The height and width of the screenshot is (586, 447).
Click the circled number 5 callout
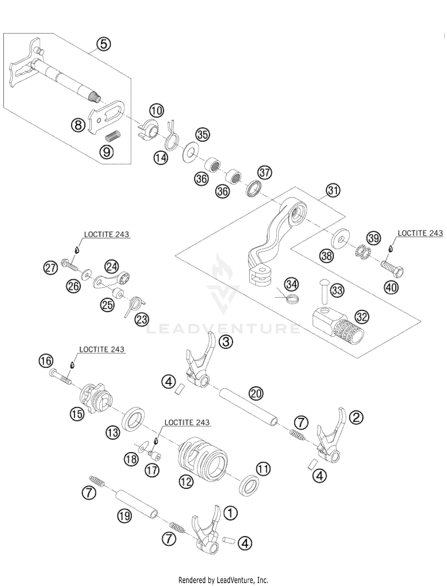tap(103, 44)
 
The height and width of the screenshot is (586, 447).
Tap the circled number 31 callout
tap(333, 190)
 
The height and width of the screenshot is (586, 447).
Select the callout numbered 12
tap(187, 481)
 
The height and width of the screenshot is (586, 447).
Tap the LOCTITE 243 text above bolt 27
tap(106, 235)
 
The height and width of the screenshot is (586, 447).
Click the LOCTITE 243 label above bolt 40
tap(420, 233)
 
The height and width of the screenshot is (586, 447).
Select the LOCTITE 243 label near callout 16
tap(102, 349)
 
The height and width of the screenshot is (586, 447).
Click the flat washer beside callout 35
tap(190, 152)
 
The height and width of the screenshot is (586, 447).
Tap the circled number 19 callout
tap(125, 516)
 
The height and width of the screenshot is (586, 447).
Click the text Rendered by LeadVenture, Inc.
tap(223, 580)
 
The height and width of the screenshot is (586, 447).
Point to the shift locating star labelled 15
tap(95, 398)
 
